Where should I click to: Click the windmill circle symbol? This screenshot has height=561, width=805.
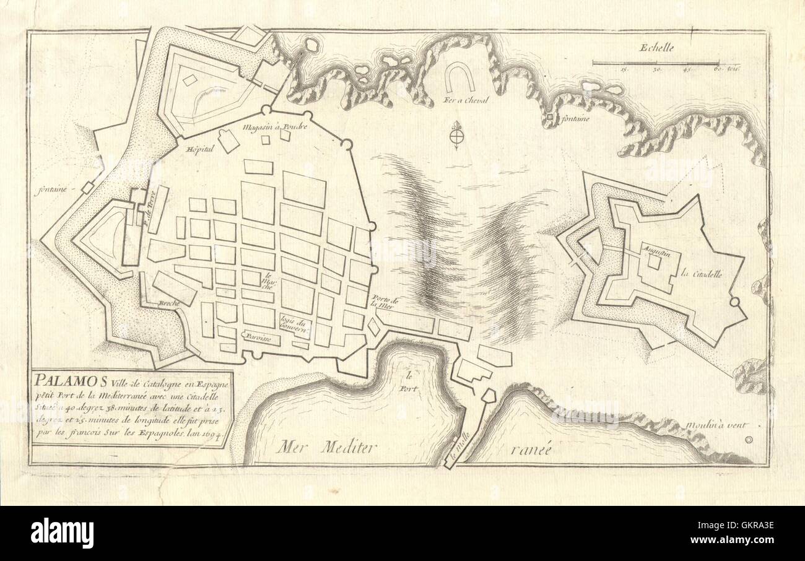coord(749,440)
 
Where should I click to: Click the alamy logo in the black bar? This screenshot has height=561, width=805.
coord(62,532)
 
